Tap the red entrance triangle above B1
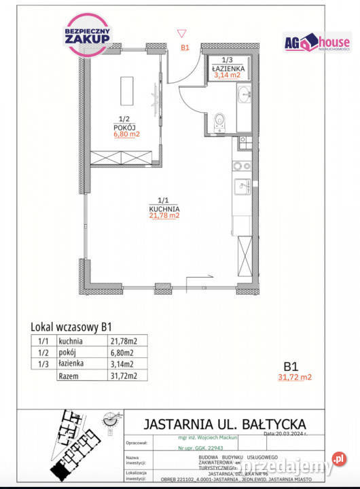pos(181,33)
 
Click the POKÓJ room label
pos(124,126)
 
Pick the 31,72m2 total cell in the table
pos(124,376)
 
